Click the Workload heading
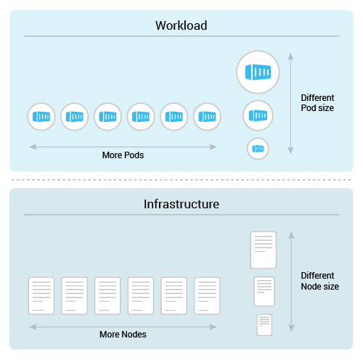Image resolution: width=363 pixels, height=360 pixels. point(181,25)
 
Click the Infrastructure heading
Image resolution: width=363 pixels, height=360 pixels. point(181,205)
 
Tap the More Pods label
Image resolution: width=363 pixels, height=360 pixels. point(123,155)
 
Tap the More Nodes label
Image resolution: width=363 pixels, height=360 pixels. point(123,335)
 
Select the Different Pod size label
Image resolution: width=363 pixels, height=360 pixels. point(317,102)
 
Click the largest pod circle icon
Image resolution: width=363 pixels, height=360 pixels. point(258,72)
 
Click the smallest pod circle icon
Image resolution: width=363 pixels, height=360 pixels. point(258,148)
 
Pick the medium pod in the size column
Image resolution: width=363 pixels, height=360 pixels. point(258,115)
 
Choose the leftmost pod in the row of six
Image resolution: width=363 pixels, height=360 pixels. point(41,116)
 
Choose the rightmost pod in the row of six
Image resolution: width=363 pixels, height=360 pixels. point(207,116)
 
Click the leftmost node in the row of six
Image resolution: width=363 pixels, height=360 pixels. point(41,295)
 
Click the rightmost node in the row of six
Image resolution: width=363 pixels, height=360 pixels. point(207,295)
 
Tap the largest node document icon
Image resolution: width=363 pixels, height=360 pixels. point(263,250)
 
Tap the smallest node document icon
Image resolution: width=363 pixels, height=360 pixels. point(264,324)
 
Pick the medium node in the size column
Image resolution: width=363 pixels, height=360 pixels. point(264,291)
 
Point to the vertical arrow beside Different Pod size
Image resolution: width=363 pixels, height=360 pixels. point(290,102)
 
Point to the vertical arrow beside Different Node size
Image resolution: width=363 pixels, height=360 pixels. point(290,282)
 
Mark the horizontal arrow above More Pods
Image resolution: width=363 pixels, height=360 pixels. point(123,147)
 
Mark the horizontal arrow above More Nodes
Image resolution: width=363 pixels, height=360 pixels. point(123,326)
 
